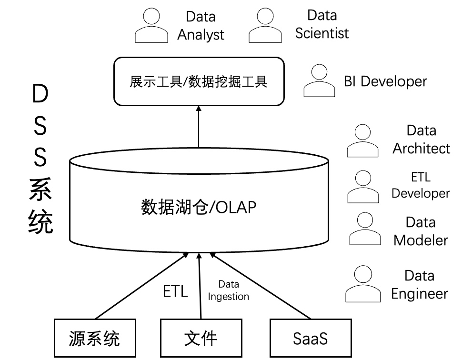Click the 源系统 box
click(x=94, y=338)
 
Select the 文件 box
click(x=201, y=338)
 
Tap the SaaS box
click(x=311, y=338)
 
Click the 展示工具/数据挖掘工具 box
click(x=199, y=81)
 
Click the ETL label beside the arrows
click(x=175, y=291)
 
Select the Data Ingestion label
click(x=229, y=290)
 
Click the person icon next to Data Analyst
click(x=151, y=27)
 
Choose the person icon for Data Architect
click(x=363, y=141)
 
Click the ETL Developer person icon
click(x=364, y=187)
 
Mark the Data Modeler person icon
click(x=365, y=229)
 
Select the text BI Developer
click(x=385, y=81)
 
